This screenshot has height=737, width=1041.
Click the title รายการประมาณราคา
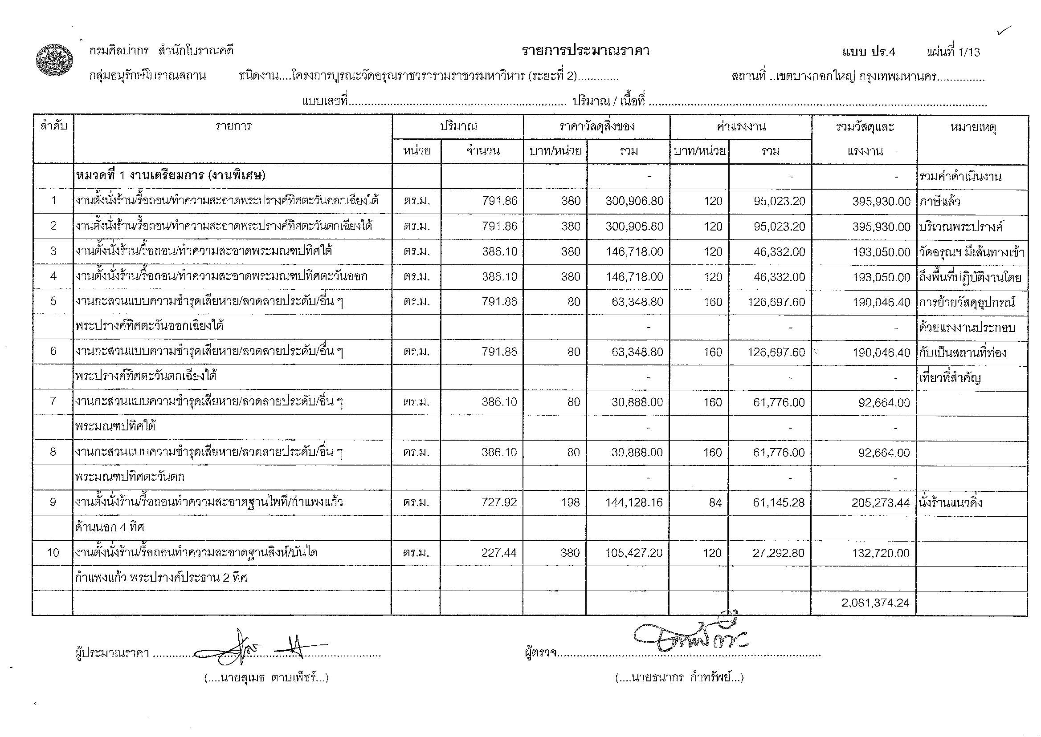[585, 51]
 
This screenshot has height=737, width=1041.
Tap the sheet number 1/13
[969, 52]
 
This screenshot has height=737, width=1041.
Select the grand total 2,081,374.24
[875, 603]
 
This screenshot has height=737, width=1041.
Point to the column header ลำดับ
[53, 126]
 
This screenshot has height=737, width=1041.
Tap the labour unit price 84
[715, 502]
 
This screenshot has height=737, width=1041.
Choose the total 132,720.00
[884, 553]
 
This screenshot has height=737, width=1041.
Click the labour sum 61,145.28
[779, 502]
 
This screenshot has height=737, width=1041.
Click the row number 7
[53, 401]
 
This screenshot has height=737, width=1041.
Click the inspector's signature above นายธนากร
[690, 636]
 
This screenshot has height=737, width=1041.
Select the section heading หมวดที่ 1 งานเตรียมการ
[170, 176]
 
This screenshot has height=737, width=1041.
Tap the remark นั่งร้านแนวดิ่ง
[950, 502]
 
